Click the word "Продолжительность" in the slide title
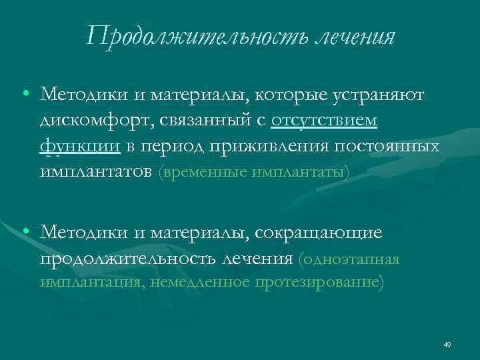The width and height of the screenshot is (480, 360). (197, 36)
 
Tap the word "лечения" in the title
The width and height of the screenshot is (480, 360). (354, 36)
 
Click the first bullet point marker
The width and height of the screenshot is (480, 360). (25, 95)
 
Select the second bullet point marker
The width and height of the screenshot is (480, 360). (25, 231)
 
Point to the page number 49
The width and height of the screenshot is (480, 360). (447, 345)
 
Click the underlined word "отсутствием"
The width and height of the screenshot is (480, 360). (324, 121)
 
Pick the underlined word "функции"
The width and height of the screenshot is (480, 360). (80, 146)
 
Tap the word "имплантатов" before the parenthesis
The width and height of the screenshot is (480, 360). (97, 171)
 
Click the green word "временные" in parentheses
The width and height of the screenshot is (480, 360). (203, 172)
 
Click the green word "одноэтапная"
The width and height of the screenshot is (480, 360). (351, 258)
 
